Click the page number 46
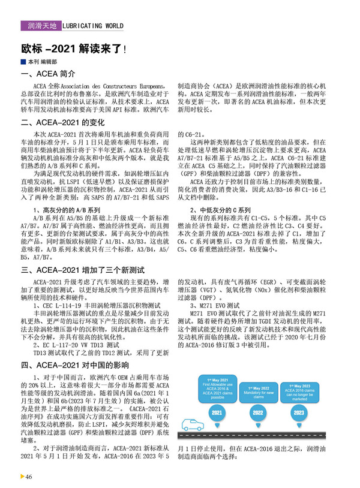[x=28, y=476]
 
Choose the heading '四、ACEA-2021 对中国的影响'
[x=75, y=365]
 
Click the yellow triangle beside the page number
[x=22, y=476]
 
